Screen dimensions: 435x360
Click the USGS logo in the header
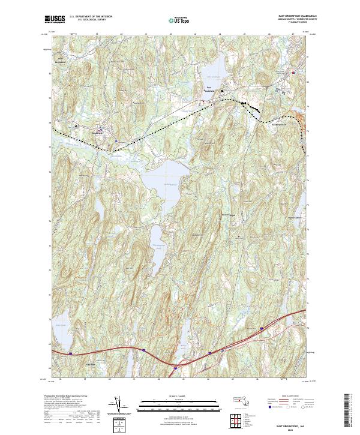[55, 19]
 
